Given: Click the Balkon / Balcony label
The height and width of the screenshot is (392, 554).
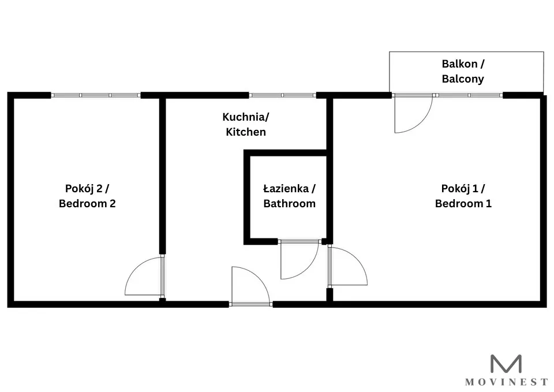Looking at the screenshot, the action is click(463, 72).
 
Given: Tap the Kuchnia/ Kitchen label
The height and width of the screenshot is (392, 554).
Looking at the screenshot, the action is click(246, 125).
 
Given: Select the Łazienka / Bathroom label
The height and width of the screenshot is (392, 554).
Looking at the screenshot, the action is click(289, 196).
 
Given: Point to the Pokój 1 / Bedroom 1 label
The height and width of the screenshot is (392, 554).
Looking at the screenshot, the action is click(463, 196).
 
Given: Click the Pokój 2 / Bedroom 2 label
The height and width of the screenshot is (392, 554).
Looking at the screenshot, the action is click(87, 196).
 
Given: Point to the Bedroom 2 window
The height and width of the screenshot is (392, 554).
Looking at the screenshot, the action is click(96, 95).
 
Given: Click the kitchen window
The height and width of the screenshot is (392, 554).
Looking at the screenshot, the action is click(282, 95).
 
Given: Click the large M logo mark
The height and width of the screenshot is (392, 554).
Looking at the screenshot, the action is click(506, 364).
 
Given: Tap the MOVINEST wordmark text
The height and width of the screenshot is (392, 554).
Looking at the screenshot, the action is click(506, 382).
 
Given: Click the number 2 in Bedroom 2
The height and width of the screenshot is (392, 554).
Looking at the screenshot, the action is click(112, 204).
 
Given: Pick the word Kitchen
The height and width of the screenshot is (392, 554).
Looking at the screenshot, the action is click(246, 132).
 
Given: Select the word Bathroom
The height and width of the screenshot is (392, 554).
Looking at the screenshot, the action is click(289, 204).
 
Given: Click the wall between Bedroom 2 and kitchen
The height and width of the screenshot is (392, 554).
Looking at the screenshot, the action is click(162, 176).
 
